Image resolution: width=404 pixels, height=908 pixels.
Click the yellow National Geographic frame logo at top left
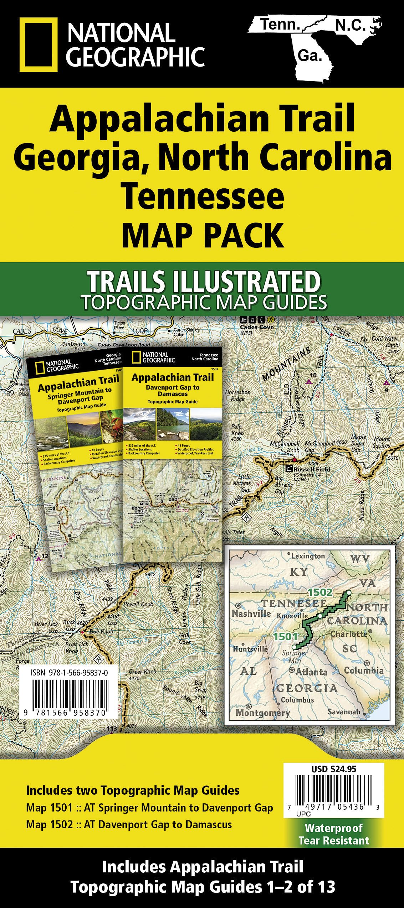[x=39, y=45]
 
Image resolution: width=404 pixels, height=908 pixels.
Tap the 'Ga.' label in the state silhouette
[x=310, y=56]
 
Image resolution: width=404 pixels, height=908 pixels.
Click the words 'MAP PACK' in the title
[x=203, y=235]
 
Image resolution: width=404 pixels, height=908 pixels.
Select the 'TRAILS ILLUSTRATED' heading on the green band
[x=204, y=282]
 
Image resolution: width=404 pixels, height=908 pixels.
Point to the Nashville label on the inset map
[x=251, y=614]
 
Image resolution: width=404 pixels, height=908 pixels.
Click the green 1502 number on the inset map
[x=320, y=592]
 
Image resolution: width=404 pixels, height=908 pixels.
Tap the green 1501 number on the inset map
[x=285, y=636]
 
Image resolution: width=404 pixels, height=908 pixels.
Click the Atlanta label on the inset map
[x=312, y=672]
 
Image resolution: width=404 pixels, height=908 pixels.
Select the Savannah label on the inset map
[x=344, y=712]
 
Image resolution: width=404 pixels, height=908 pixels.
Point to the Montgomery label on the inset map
[x=263, y=713]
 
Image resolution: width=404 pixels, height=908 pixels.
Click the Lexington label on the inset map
[x=308, y=556]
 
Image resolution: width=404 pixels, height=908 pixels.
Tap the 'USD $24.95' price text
[x=334, y=769]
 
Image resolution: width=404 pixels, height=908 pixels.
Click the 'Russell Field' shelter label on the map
[x=312, y=469]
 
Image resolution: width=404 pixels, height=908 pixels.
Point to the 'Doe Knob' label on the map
[x=101, y=631]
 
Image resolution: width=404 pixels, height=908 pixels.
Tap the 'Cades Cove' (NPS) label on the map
[x=257, y=327]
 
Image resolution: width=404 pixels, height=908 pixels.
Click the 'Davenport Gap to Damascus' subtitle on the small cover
[x=173, y=391]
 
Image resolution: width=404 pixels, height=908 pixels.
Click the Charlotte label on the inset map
[x=349, y=634]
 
